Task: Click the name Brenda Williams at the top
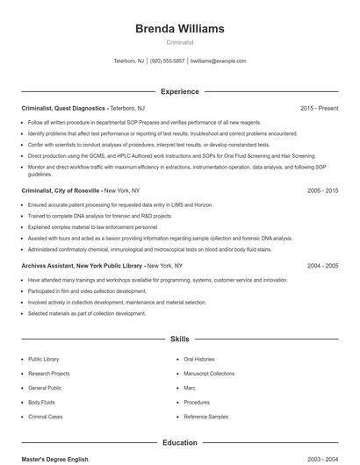[179, 29]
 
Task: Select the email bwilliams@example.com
[218, 61]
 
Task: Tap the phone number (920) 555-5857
[167, 61]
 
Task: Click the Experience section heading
[180, 91]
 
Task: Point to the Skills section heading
[180, 338]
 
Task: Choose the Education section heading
[180, 443]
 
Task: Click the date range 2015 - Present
[319, 108]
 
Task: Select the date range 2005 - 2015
[322, 190]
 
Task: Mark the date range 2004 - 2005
[322, 265]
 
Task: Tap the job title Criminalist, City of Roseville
[61, 190]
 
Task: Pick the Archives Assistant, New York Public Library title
[82, 265]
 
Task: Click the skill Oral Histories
[198, 359]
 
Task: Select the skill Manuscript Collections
[209, 373]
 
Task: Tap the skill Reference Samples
[205, 416]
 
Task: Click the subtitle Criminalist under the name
[179, 42]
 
